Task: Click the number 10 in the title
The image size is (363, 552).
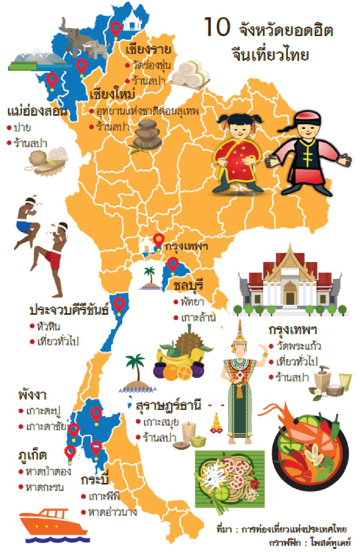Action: (x=217, y=27)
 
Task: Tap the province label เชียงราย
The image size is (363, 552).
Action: (x=148, y=49)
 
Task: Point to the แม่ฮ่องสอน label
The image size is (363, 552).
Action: (x=37, y=111)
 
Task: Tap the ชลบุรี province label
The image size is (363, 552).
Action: (x=188, y=285)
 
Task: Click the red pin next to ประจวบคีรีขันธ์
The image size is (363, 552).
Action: (x=119, y=304)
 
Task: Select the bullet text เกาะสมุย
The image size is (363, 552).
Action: (x=161, y=422)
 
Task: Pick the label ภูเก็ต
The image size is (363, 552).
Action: (x=32, y=455)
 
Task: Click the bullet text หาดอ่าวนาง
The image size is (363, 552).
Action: (x=112, y=512)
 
